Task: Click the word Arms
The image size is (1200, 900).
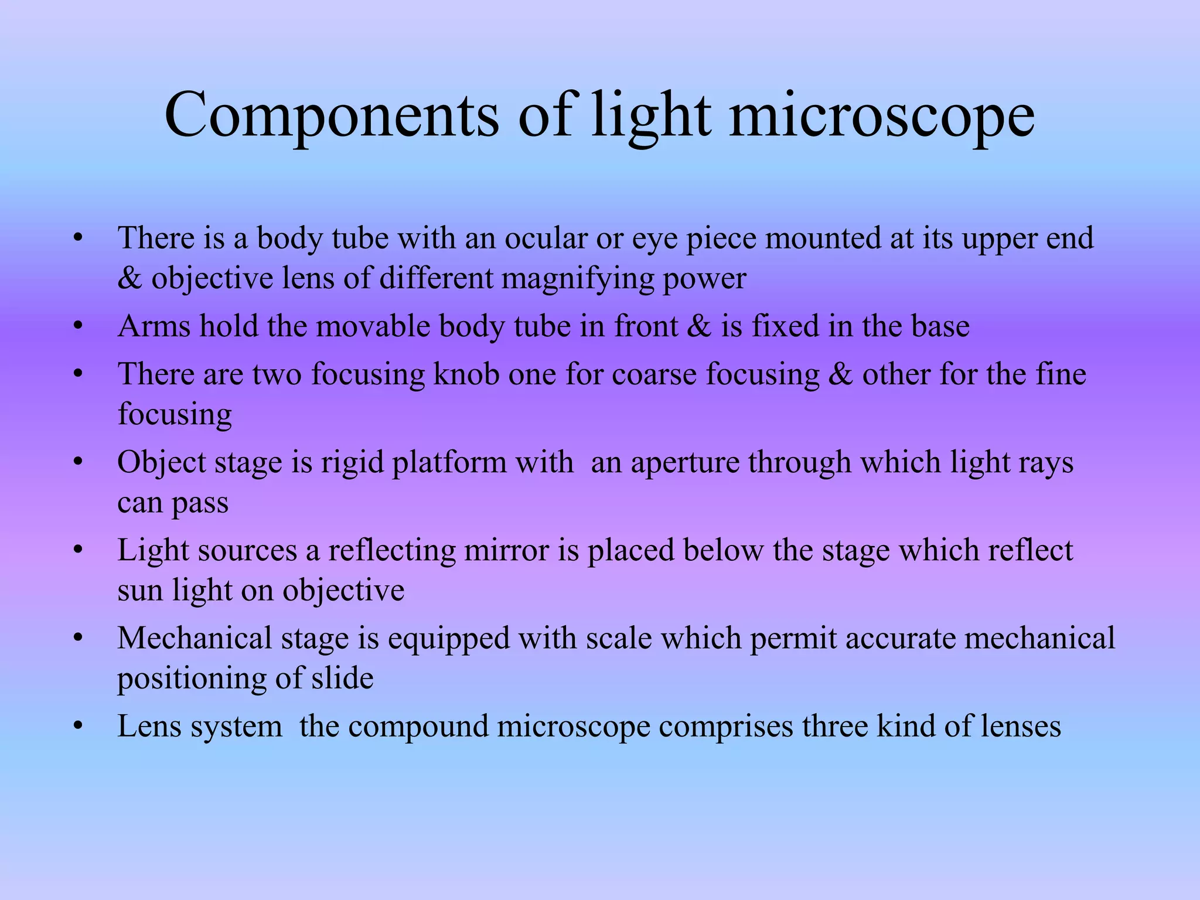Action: pos(154,326)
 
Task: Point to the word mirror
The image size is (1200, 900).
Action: pos(506,551)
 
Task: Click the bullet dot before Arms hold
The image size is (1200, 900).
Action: pos(79,326)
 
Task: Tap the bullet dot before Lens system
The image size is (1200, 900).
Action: pos(79,727)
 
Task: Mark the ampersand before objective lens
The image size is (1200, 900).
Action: pos(129,278)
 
